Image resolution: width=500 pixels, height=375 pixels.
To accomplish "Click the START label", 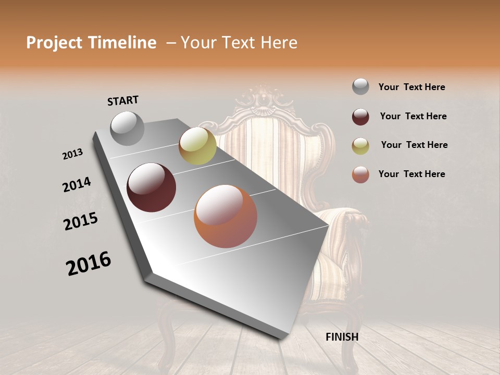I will [123, 101].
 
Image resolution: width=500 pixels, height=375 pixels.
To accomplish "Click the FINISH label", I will [342, 337].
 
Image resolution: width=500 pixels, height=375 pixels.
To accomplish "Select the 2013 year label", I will [73, 154].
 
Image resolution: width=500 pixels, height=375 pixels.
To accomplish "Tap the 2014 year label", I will [77, 185].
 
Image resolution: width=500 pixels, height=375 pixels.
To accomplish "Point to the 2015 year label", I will [81, 221].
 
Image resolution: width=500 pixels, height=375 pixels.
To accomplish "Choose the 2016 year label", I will [89, 264].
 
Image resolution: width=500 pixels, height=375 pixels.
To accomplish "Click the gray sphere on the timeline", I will [128, 128].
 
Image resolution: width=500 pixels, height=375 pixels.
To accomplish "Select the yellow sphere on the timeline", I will [197, 146].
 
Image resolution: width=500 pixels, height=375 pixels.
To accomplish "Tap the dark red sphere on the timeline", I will [152, 187].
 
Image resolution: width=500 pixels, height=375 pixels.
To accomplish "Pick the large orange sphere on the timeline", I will [226, 216].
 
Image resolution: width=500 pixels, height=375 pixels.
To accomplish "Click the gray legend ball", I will [360, 86].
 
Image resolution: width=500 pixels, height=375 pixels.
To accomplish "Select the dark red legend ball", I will [360, 116].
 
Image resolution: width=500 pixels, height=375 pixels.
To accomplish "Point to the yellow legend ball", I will [360, 145].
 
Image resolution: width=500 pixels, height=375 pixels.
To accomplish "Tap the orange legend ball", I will [360, 174].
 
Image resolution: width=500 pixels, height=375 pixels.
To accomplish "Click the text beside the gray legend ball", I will [411, 87].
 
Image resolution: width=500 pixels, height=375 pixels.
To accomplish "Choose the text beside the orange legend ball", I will [411, 174].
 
